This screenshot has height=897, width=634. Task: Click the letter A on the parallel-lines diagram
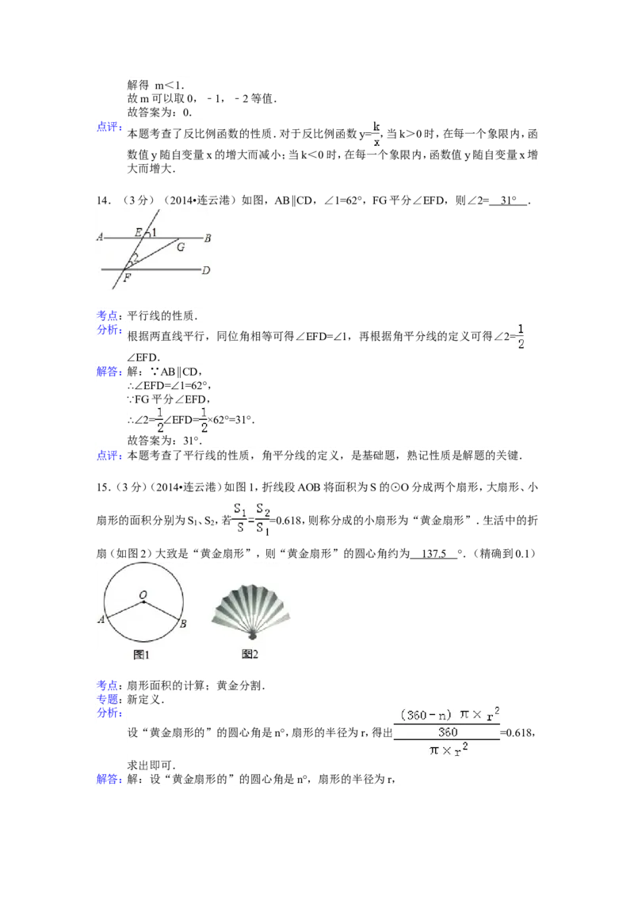click(101, 237)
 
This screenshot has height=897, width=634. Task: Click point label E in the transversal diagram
click(139, 232)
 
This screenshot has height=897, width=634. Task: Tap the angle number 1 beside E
click(154, 232)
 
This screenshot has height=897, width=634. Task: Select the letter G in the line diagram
click(181, 247)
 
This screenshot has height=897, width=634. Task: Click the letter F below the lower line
click(127, 278)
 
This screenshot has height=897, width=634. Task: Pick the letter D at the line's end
click(206, 271)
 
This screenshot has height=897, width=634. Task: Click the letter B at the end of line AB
click(207, 237)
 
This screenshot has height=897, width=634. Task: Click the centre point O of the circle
click(143, 601)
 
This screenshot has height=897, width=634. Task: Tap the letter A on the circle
click(101, 620)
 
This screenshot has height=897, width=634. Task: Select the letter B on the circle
click(183, 624)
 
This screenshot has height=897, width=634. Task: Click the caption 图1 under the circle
click(142, 655)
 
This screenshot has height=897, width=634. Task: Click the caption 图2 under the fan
click(250, 655)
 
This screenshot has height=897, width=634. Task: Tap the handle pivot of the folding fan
click(251, 636)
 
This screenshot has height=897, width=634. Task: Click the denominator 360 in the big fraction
click(448, 732)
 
